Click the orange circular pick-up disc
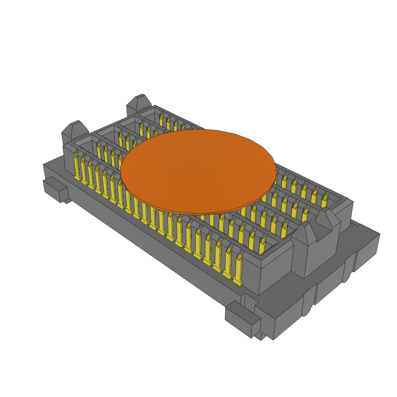[x=198, y=171]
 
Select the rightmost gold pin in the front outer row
[x=237, y=269]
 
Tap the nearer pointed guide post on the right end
[x=304, y=248]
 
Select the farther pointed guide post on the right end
[x=328, y=223]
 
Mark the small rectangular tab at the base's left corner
[x=54, y=189]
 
